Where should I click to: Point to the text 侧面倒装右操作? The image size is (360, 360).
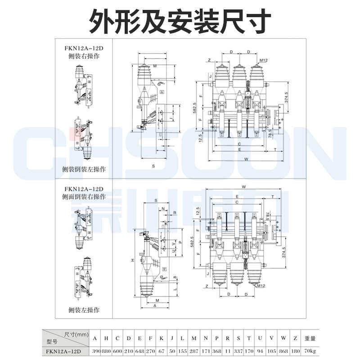point(84,197)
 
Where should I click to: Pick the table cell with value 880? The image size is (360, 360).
point(107,351)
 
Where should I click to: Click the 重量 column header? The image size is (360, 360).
point(310,339)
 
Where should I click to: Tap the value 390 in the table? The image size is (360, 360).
point(96,351)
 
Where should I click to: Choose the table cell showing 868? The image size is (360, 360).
point(283,351)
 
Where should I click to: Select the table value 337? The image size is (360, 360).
point(238,351)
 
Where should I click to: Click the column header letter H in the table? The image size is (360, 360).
point(107,339)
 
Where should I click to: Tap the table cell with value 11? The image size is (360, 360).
point(228,351)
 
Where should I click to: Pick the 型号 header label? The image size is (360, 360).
point(53,342)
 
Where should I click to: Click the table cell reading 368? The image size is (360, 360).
point(216,351)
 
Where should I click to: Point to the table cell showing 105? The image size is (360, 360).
point(271,351)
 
